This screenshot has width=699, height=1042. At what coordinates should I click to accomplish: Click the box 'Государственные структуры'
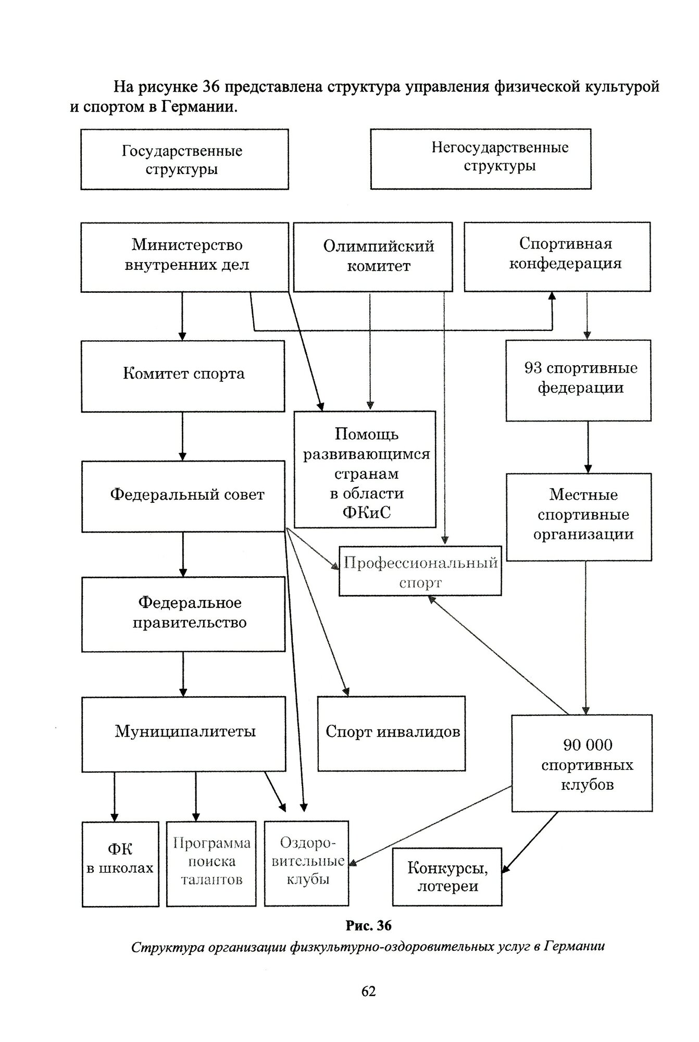(x=184, y=159)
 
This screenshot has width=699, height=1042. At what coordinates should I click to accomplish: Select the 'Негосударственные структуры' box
(x=481, y=159)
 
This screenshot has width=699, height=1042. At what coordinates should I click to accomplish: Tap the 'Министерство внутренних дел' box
(x=184, y=257)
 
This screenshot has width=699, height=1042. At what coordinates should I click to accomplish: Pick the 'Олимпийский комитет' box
(x=373, y=257)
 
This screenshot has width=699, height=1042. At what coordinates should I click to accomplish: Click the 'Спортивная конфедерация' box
(x=557, y=257)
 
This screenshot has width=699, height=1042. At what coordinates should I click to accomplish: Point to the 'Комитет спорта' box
(x=183, y=376)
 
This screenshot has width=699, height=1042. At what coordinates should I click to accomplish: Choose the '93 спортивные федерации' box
(x=579, y=380)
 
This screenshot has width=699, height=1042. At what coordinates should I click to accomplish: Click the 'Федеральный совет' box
(x=183, y=496)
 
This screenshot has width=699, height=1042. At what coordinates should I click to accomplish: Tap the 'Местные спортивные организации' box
(x=579, y=517)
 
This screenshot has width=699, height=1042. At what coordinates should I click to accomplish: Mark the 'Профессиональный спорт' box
(x=420, y=571)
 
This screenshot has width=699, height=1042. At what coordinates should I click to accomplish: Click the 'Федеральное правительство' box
(x=183, y=614)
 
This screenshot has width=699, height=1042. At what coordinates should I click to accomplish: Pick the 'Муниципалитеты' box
(x=184, y=734)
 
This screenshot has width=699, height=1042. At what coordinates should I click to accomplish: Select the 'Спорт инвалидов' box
(x=392, y=734)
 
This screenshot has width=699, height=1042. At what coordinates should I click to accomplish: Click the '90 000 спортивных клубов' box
(x=582, y=763)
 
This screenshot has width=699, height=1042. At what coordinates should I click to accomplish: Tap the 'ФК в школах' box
(x=120, y=864)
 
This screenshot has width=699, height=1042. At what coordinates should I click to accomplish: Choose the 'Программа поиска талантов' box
(x=211, y=864)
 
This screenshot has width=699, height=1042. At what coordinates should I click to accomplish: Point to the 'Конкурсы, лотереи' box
(x=447, y=877)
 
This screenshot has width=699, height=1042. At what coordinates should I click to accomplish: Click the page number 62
(x=368, y=991)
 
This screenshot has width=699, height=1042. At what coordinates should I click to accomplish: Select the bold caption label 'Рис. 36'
(x=368, y=925)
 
